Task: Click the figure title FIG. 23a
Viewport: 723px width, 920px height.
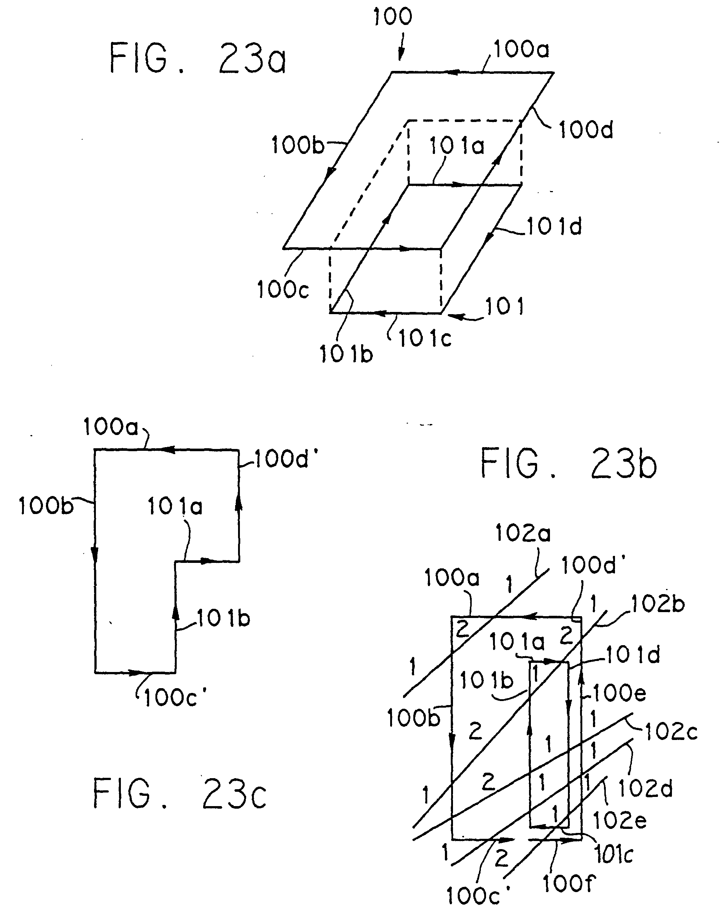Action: coord(198,59)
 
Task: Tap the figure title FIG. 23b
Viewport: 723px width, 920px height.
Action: coord(568,464)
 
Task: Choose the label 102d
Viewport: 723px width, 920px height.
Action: coord(645,789)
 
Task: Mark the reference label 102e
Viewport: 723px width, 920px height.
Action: coord(620,822)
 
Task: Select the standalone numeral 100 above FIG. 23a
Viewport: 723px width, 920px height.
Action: coord(392,17)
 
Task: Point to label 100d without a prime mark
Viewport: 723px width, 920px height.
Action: coord(586,130)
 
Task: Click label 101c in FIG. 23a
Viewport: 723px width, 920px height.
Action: coord(425,338)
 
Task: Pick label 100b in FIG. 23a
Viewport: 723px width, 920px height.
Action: coord(298,145)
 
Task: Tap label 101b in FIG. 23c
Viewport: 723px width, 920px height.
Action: coord(223,619)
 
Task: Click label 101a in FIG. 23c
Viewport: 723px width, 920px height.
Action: coord(175,506)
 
